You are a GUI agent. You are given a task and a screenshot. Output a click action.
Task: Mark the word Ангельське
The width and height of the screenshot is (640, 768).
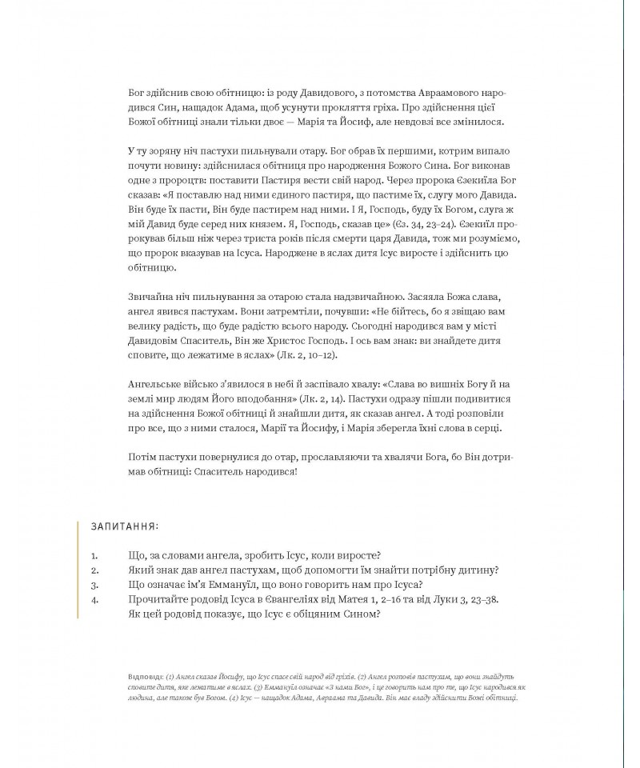pos(157,383)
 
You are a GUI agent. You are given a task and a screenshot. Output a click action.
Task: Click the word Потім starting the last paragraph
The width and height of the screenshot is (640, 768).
pos(142,456)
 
